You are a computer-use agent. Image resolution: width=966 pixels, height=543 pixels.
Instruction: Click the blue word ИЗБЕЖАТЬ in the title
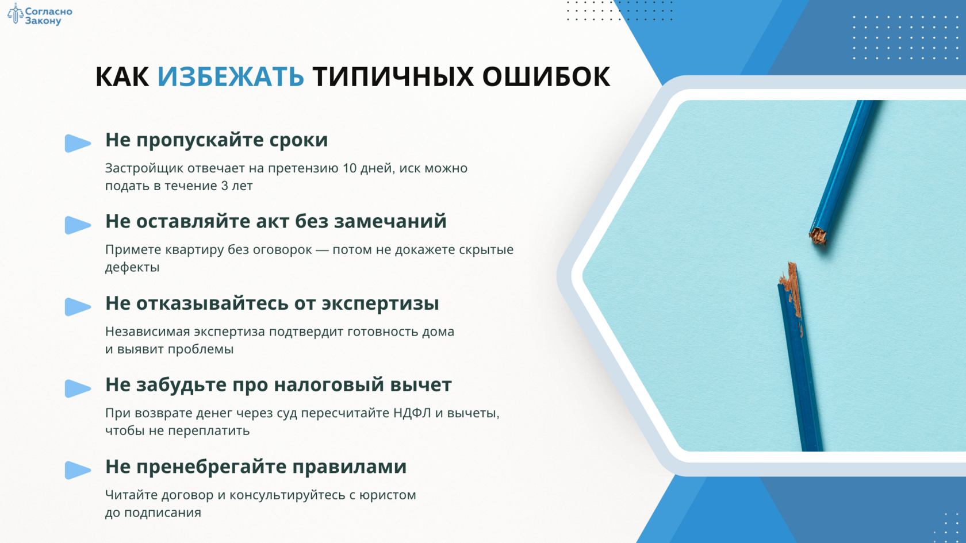pyautogui.click(x=231, y=77)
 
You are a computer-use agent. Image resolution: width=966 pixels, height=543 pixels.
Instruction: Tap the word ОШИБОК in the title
pyautogui.click(x=546, y=77)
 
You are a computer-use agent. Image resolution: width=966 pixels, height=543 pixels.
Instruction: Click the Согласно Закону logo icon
pyautogui.click(x=15, y=13)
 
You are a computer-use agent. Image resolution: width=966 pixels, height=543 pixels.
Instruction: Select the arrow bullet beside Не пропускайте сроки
pyautogui.click(x=78, y=143)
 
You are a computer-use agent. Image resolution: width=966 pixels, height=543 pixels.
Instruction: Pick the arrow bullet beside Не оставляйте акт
pyautogui.click(x=78, y=225)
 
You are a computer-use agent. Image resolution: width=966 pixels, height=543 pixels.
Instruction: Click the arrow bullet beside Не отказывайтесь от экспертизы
pyautogui.click(x=78, y=307)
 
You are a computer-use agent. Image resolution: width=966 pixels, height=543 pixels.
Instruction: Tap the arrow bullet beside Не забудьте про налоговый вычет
pyautogui.click(x=78, y=388)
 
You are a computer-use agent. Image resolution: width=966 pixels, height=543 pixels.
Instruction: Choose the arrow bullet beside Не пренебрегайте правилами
pyautogui.click(x=78, y=470)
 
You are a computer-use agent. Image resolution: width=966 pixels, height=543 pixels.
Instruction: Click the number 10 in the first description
pyautogui.click(x=350, y=168)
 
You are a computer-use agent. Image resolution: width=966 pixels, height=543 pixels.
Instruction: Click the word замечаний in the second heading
pyautogui.click(x=390, y=222)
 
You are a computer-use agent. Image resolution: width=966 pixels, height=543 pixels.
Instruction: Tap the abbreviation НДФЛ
pyautogui.click(x=412, y=413)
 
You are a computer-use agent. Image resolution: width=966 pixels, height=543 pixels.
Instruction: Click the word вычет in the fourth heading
pyautogui.click(x=421, y=385)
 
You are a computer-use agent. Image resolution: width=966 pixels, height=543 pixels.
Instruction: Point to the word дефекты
pyautogui.click(x=132, y=267)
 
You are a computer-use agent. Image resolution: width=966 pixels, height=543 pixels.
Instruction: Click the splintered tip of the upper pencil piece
pyautogui.click(x=817, y=236)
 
